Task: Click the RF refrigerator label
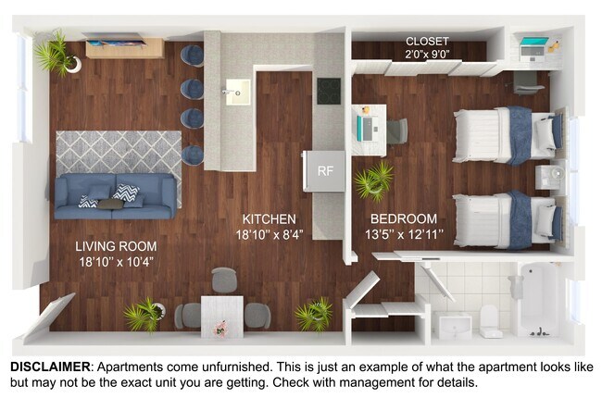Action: [x=324, y=170]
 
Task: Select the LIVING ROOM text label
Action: [x=116, y=246]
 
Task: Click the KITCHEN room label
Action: [x=269, y=219]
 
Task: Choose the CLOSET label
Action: [x=427, y=42]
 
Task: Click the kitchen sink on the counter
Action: [x=236, y=92]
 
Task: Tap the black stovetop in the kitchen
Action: [x=330, y=91]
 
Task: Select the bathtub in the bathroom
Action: [x=537, y=298]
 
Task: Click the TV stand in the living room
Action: [x=125, y=48]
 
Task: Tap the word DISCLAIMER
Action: [x=49, y=367]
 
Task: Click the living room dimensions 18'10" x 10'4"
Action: [x=116, y=262]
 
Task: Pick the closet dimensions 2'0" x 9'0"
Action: [x=427, y=56]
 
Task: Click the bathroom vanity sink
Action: [x=452, y=323]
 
